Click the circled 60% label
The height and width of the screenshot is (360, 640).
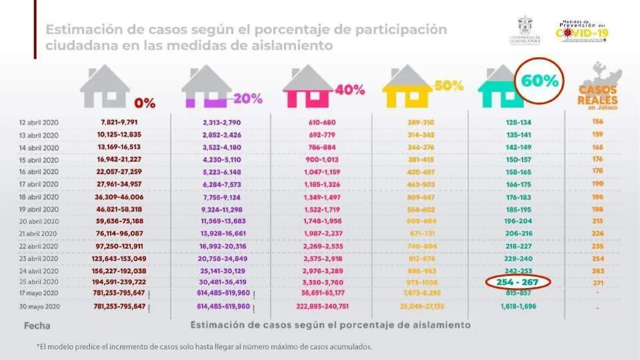(x=540, y=81)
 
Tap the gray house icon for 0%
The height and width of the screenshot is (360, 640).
(x=105, y=86)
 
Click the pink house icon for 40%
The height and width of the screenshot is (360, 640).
(x=308, y=86)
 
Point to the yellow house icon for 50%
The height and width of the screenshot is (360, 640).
(x=407, y=86)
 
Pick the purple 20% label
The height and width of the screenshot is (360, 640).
(x=248, y=99)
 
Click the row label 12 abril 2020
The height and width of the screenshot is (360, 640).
(x=38, y=122)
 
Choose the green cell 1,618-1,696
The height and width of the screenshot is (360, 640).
(x=515, y=307)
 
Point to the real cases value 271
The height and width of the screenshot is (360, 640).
(x=597, y=282)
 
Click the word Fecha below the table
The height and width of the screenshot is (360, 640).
(x=35, y=325)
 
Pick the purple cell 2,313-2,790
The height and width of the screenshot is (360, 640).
(x=222, y=122)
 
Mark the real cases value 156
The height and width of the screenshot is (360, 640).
(x=597, y=122)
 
